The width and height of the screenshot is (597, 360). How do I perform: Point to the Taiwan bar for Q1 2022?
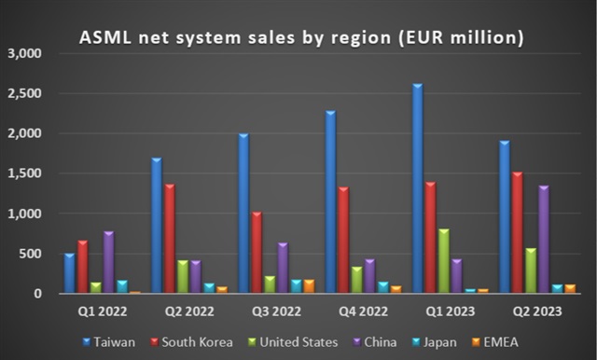click(69, 273)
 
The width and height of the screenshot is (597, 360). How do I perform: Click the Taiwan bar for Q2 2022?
click(156, 226)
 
